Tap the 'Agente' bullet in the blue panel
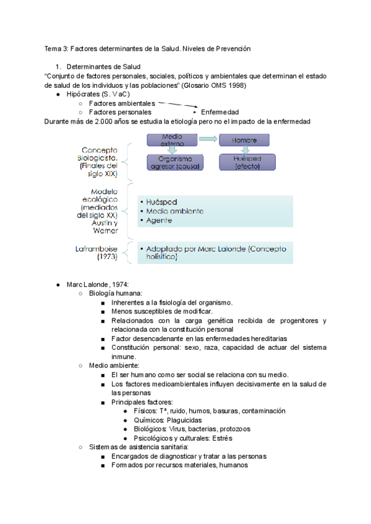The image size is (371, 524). [x=160, y=221]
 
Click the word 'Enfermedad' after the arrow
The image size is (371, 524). [x=220, y=112]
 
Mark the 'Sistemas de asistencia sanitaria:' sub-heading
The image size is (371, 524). [x=139, y=447]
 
